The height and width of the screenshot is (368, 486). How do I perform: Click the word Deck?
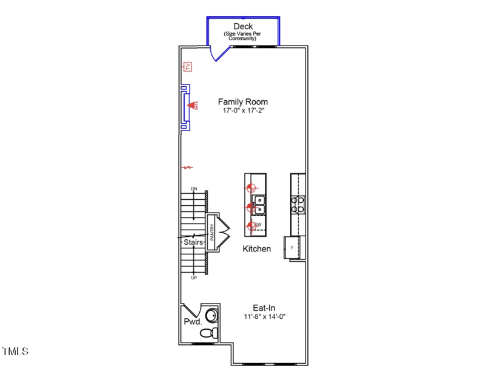click(x=243, y=26)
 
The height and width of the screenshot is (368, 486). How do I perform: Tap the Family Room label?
click(x=243, y=102)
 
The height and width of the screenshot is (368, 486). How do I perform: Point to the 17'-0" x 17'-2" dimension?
click(x=243, y=111)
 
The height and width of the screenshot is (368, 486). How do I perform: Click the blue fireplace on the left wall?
click(x=185, y=107)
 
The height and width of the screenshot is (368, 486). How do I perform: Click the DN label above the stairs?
click(x=194, y=189)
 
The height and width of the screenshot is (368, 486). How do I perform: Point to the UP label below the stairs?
click(x=194, y=278)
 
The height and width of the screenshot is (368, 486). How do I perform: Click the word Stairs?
click(x=193, y=242)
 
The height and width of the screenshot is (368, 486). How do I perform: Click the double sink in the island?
click(x=259, y=205)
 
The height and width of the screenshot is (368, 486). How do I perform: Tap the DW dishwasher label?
click(x=258, y=225)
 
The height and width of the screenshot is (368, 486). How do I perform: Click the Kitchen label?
click(x=257, y=249)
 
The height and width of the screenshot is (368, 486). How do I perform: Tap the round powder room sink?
click(x=213, y=316)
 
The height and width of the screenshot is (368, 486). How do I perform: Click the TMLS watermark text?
click(x=15, y=352)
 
